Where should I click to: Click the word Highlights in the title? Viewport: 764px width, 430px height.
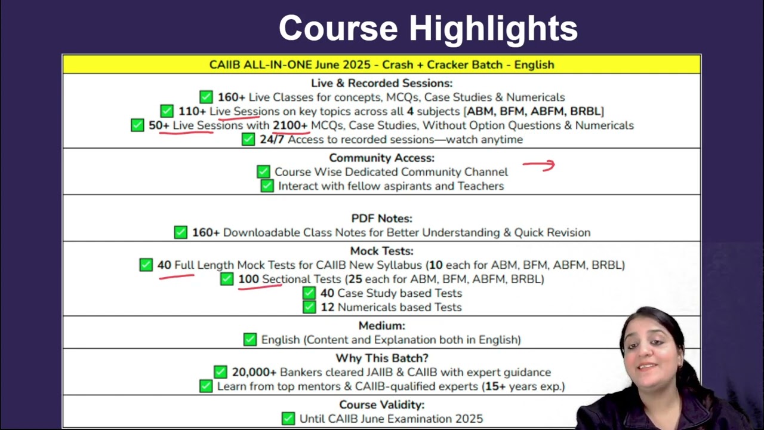coord(493,29)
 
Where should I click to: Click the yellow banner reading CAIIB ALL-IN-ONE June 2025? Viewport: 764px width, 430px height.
coord(381,64)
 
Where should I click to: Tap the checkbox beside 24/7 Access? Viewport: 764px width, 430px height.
coord(248,139)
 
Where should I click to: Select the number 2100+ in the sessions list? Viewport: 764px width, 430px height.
coord(290,125)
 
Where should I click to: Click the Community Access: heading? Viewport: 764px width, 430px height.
coord(381,158)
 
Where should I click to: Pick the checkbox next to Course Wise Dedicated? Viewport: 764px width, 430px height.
coord(263,171)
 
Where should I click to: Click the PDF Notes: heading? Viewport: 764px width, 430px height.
coord(381,219)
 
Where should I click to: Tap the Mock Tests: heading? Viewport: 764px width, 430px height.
coord(381,251)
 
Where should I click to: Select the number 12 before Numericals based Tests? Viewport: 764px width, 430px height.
coord(328,307)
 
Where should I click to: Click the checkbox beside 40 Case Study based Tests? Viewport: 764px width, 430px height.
coord(309,293)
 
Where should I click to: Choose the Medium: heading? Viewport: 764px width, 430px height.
coord(381,325)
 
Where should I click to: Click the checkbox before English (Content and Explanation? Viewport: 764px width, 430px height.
coord(250,340)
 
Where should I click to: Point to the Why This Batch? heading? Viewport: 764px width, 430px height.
coord(382,358)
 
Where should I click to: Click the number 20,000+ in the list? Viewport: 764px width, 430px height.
coord(254,372)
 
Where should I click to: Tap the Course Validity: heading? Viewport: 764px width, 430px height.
coord(381,405)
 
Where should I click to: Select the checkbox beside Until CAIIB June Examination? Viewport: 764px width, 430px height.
coord(288,419)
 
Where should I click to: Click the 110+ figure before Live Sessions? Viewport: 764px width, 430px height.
coord(192,111)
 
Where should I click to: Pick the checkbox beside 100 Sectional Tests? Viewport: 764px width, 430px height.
coord(227,279)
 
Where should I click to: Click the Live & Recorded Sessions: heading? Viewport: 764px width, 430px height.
coord(381,83)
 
